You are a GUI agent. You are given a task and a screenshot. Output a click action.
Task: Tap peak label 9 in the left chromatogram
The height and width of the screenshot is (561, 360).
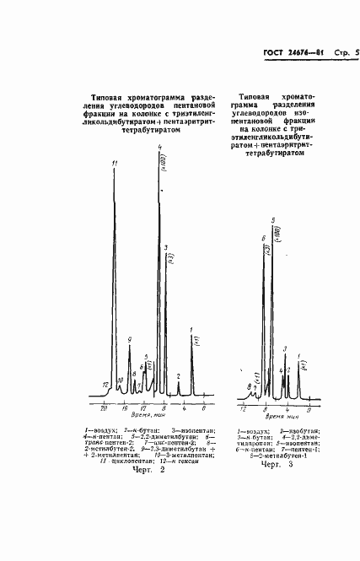click(130, 340)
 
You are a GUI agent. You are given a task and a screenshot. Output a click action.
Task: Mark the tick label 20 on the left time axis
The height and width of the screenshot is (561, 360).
click(103, 407)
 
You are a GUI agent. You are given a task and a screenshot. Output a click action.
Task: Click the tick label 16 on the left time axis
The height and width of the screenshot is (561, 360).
click(124, 407)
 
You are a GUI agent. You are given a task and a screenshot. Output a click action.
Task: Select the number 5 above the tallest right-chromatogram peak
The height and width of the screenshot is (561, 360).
click(273, 220)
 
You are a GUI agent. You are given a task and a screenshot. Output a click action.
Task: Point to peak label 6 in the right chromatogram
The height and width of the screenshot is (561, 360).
click(264, 239)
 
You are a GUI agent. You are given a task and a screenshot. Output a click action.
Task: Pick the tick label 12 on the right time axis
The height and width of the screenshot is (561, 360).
click(243, 407)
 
